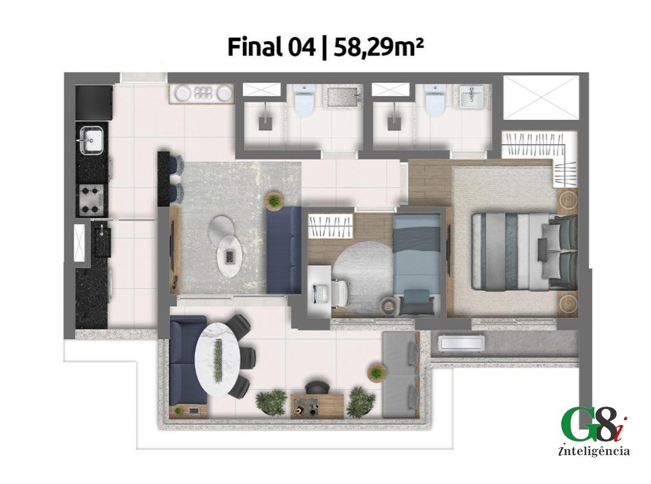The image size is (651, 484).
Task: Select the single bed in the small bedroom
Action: pos(416,266)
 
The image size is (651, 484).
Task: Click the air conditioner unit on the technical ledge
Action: pos(462,342)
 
